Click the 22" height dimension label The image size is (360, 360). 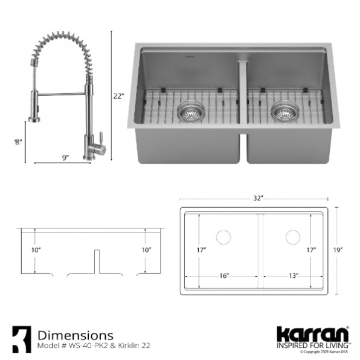(x=118, y=95)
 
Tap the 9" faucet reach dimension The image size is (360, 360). (x=65, y=158)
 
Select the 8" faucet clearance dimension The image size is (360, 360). (x=18, y=142)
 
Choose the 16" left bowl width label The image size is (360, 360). (x=223, y=275)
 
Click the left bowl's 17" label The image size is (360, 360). (x=201, y=249)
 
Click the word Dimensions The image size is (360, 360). (x=75, y=334)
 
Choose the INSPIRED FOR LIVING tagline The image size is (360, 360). (x=312, y=346)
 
